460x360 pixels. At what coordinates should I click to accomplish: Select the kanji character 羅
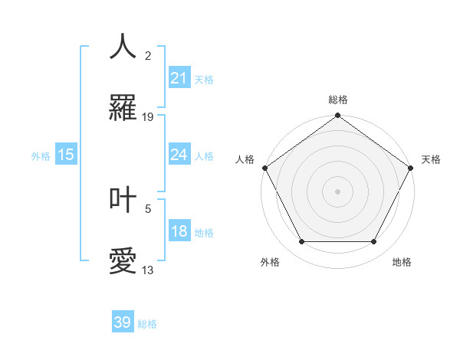point(123,109)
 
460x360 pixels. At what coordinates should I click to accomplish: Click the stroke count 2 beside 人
point(148,55)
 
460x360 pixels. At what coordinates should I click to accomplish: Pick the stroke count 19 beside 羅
point(148,117)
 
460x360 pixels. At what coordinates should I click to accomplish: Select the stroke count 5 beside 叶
point(148,208)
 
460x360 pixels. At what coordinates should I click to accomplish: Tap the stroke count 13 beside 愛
point(148,270)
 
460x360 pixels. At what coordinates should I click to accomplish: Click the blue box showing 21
point(179,78)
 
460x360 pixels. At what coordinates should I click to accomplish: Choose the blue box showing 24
point(179,155)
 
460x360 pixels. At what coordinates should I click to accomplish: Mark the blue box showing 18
point(179,231)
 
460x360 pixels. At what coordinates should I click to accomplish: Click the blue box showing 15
point(66,155)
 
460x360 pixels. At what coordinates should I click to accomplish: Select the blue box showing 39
point(123,322)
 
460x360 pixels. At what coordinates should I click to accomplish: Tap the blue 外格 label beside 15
point(41,155)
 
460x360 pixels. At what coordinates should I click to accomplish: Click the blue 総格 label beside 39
point(147,324)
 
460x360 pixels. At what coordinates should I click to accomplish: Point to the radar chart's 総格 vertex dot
point(337,116)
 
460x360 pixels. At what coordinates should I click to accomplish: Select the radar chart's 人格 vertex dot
point(265,169)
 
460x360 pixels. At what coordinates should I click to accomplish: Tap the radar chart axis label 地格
point(402,262)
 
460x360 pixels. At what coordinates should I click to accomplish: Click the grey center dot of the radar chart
point(337,191)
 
